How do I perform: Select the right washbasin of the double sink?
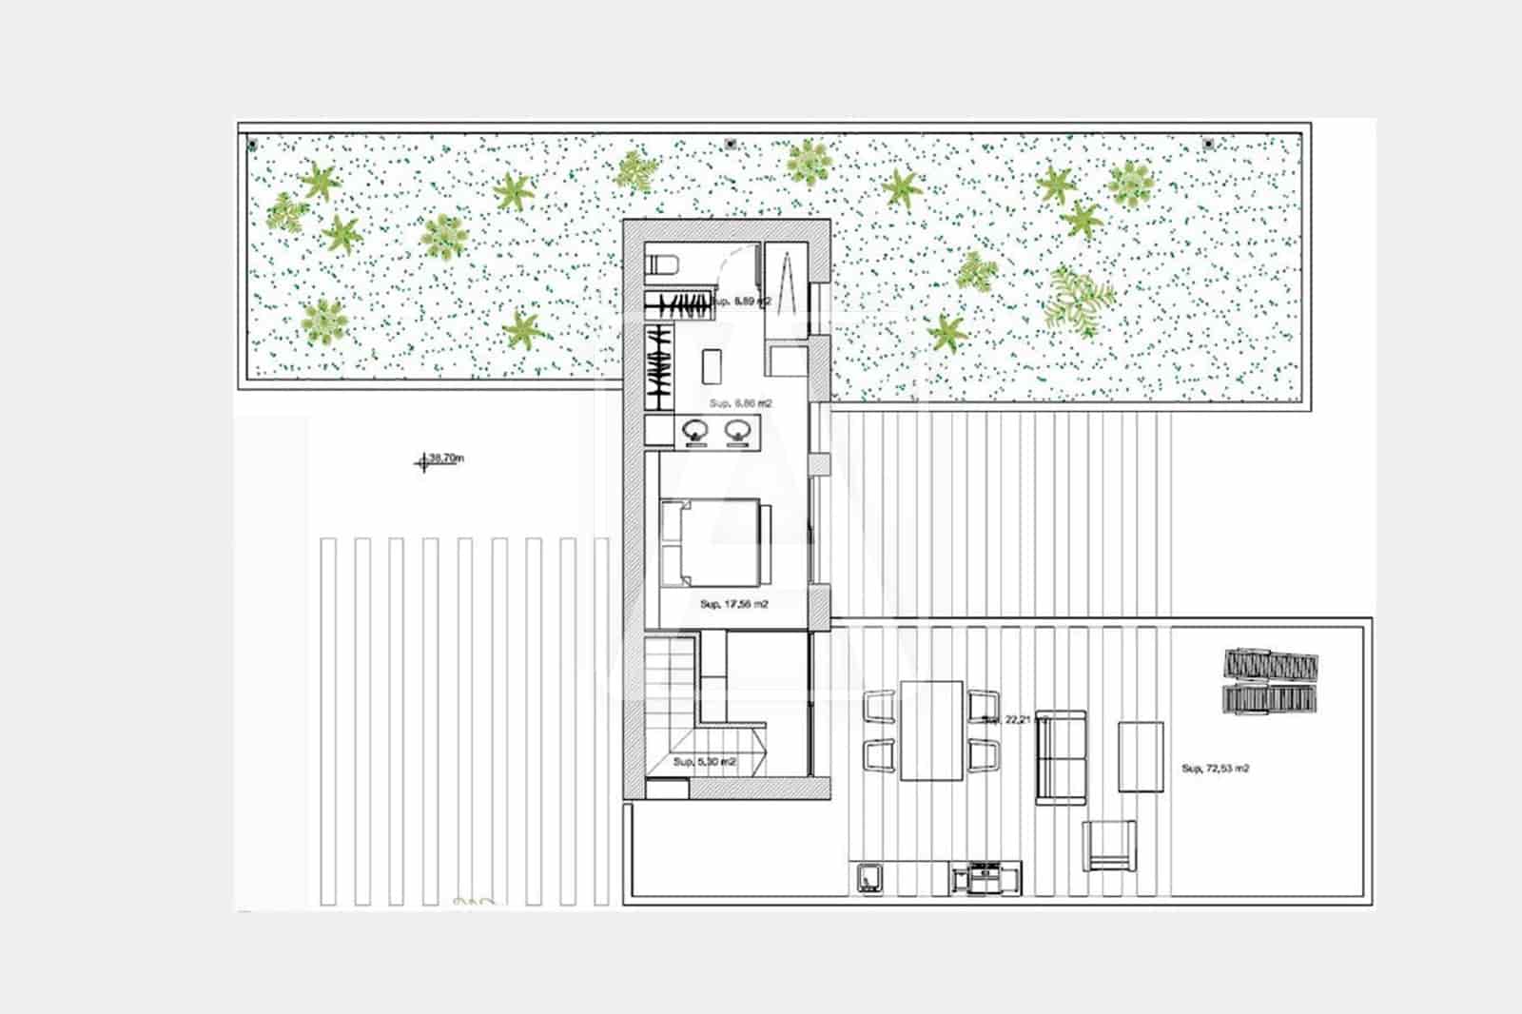737,432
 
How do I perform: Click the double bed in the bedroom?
715,542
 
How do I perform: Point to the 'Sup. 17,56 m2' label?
733,604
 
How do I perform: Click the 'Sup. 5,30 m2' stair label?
705,762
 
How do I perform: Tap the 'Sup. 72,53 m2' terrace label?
1215,768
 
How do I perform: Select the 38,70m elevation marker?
440,460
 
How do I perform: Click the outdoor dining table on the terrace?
931,730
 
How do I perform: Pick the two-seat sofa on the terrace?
1060,756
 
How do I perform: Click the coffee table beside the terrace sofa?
1141,756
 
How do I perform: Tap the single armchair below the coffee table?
1109,845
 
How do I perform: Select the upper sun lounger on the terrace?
1271,663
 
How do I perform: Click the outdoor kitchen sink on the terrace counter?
868,877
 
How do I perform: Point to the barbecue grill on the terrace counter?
985,877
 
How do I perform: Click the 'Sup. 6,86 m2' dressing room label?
741,403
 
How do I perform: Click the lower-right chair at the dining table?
984,755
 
